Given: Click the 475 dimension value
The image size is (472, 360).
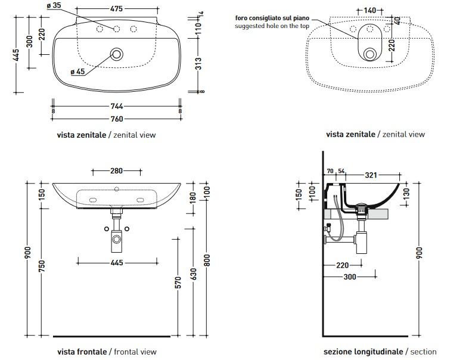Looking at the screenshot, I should (x=117, y=9).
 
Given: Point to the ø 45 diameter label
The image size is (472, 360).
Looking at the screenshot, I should (x=77, y=72).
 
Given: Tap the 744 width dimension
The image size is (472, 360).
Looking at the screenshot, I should (x=117, y=106).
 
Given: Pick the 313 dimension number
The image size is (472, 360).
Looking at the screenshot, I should (x=198, y=63).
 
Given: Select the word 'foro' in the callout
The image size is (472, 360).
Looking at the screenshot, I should (x=243, y=18).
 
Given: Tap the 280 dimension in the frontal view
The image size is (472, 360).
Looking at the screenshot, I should (x=117, y=171).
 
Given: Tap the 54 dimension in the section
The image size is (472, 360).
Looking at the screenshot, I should (x=341, y=172).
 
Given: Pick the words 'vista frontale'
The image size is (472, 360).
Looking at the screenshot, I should (x=82, y=352).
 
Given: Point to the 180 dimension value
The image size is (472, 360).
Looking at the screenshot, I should (x=193, y=197).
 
